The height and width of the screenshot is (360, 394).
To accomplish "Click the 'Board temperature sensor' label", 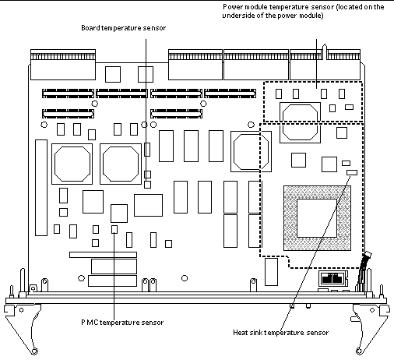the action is [x=124, y=28].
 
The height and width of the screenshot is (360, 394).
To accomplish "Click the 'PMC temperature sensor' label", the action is [x=122, y=323].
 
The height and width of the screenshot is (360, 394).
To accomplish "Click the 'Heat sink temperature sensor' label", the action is [x=281, y=333].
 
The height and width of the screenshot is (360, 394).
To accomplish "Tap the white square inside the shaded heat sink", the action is [x=317, y=218].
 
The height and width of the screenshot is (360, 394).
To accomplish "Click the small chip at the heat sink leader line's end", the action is [x=352, y=172].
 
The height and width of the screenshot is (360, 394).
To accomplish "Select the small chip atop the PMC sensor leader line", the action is [x=114, y=229].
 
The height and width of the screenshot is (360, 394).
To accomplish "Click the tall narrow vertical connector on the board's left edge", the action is [x=41, y=188].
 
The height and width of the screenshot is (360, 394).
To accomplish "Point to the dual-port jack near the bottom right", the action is [x=332, y=279].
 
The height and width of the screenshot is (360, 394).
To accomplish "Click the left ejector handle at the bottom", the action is [x=22, y=327].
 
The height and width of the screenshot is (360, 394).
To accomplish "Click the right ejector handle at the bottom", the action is [x=371, y=327].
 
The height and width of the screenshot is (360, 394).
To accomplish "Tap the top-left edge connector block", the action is [x=63, y=65].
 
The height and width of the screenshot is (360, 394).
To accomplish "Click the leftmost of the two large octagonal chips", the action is [x=72, y=164].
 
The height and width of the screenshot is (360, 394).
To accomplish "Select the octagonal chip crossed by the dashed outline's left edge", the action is [x=251, y=151].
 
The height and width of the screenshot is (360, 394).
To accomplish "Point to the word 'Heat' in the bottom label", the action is [x=240, y=333].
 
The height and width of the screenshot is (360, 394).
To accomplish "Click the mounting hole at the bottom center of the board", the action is [x=185, y=278].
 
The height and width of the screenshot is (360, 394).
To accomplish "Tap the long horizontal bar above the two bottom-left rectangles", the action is [x=103, y=255].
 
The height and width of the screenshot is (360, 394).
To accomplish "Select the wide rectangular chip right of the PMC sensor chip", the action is [x=148, y=205].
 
